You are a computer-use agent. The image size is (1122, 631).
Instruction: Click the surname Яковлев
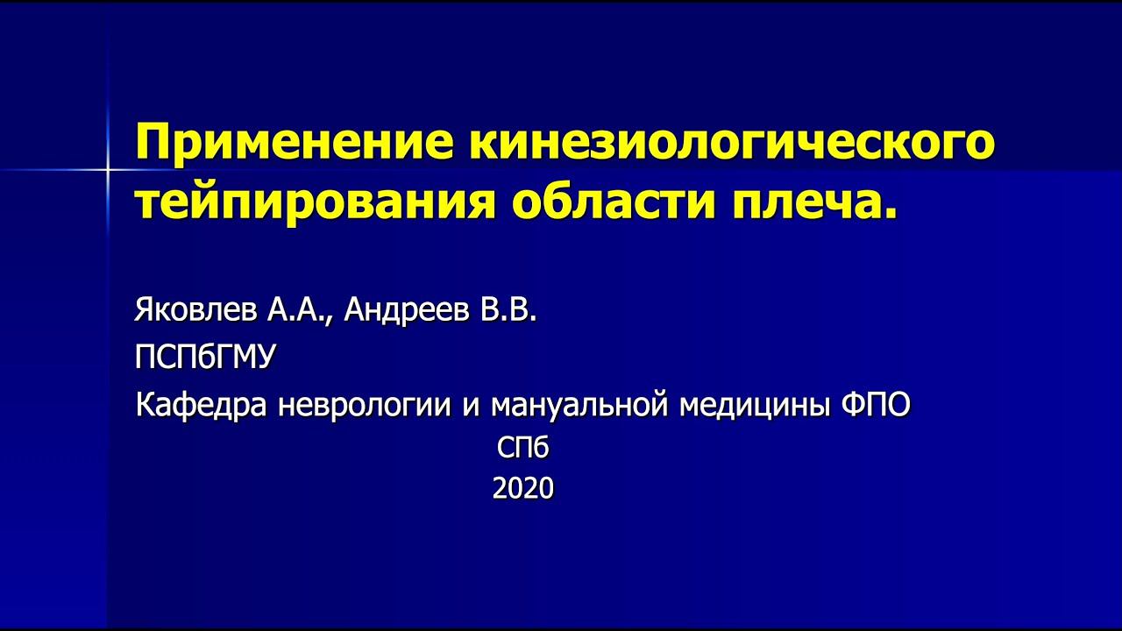pos(193,309)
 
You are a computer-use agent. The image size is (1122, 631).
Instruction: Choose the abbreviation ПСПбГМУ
pos(205,357)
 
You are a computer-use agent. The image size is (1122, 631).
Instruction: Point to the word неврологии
pos(364,405)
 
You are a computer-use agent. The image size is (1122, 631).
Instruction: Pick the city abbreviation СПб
pos(523,449)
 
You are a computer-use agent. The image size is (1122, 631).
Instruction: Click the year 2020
pos(523,488)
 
